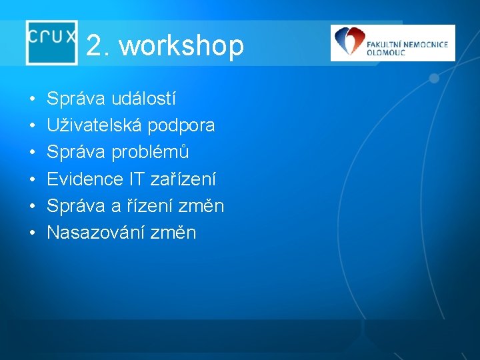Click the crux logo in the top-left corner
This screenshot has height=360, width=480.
click(52, 41)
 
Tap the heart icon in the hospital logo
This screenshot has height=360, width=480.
click(348, 42)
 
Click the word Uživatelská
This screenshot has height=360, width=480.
click(89, 125)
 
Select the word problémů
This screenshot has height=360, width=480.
click(151, 153)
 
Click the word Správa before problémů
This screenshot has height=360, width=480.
click(76, 153)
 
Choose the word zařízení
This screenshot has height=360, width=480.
click(184, 179)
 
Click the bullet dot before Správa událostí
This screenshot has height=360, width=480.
click(32, 100)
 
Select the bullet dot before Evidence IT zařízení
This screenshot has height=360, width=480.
click(32, 180)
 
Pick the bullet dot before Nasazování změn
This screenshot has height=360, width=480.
click(32, 233)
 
